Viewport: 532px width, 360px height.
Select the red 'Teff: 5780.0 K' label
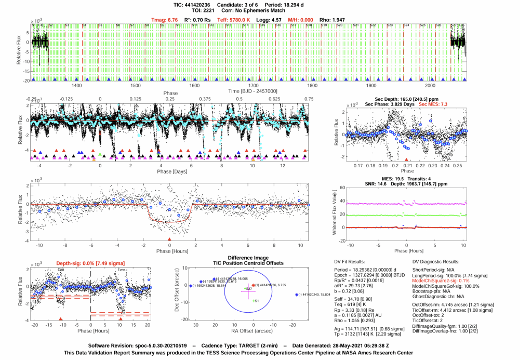[236, 20]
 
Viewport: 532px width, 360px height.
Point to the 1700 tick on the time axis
[371, 86]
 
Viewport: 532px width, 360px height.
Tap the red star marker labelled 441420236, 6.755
[253, 285]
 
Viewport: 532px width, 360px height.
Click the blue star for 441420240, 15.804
[296, 295]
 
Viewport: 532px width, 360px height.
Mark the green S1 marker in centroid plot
[254, 301]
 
